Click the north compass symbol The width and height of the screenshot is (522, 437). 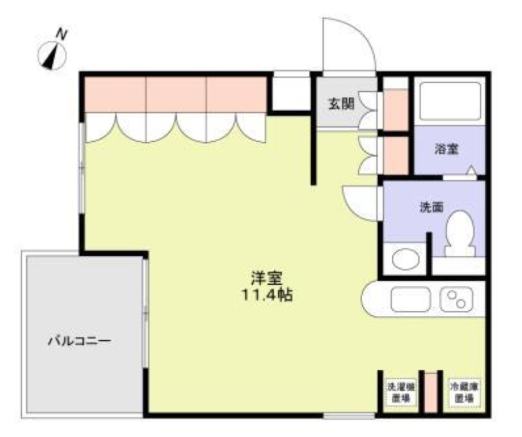52,56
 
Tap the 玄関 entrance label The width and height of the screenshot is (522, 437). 340,104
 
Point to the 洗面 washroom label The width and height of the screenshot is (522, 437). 431,207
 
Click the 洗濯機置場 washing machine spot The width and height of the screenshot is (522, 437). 400,393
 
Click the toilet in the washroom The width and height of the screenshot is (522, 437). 460,234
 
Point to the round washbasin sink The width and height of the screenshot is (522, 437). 404,259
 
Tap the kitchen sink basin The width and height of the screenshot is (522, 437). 411,301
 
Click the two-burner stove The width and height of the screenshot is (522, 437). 456,300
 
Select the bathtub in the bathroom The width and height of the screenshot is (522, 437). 450,101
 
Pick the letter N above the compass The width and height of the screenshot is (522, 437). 63,34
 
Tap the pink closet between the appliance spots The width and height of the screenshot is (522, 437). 431,393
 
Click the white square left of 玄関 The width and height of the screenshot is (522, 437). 290,93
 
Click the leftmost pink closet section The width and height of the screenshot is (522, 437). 115,95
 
